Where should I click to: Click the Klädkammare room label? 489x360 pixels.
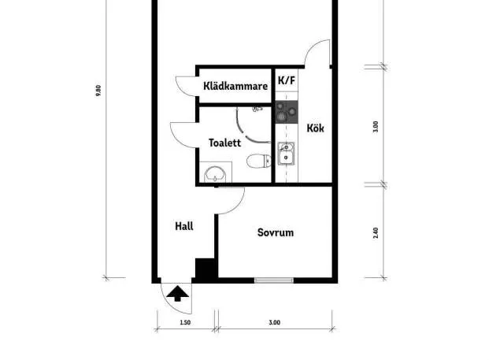(235, 86)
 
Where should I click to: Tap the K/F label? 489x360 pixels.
(287, 80)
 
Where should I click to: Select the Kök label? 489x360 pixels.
(315, 128)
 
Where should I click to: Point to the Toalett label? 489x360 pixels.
(224, 143)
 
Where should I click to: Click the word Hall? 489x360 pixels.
(184, 226)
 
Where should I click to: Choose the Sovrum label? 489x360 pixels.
(276, 232)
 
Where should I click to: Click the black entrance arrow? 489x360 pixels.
(177, 294)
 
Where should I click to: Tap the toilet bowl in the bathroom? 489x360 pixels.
(259, 161)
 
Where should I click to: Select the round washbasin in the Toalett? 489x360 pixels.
(214, 174)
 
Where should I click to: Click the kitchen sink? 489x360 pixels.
(286, 153)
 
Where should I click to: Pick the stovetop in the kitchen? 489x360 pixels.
(287, 112)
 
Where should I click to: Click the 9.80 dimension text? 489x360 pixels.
(98, 91)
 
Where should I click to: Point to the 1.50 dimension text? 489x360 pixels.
(185, 322)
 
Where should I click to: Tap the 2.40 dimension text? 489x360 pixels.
(376, 233)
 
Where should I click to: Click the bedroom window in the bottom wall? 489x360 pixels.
(274, 280)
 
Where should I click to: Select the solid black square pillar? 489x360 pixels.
(205, 268)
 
